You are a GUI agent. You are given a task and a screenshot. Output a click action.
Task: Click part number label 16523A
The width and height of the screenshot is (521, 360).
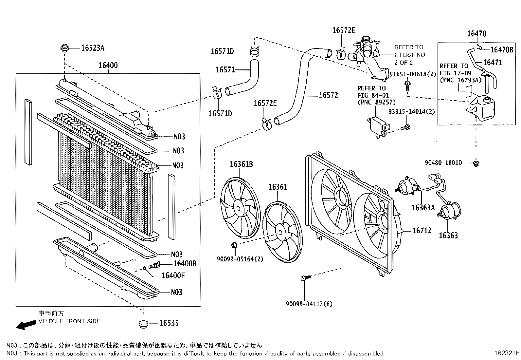coord(93,48)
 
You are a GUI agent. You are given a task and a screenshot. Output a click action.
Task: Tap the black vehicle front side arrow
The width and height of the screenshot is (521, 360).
coord(26,325)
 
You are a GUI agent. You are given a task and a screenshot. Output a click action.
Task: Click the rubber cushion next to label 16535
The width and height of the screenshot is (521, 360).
coord(143,324)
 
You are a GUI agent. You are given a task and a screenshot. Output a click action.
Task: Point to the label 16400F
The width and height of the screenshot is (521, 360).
coord(173,275)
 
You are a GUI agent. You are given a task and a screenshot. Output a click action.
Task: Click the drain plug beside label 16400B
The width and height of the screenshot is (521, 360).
coord(155,265)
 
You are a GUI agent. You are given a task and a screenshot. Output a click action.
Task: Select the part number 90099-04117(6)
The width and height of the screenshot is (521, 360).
coord(309,304)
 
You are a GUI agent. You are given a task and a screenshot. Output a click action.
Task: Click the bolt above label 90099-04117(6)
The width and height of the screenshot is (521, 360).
coord(303,278)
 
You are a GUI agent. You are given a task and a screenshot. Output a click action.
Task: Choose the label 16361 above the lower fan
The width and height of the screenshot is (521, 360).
coord(278,187)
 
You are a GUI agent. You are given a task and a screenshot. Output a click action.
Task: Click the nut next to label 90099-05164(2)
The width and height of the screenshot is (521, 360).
coord(234,245)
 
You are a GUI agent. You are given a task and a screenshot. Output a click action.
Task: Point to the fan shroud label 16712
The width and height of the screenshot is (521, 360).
coord(422,231)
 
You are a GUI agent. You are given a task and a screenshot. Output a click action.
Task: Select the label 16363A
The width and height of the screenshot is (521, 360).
coord(423,207)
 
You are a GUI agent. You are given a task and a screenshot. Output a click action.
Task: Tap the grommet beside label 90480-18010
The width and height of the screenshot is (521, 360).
coord(476,163)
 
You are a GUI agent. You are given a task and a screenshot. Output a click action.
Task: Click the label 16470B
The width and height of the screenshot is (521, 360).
coord(502,50)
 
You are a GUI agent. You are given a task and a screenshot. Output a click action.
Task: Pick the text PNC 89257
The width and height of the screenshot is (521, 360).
coord(377,103)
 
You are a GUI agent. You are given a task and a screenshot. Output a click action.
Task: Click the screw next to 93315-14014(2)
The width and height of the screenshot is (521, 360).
coord(406,127)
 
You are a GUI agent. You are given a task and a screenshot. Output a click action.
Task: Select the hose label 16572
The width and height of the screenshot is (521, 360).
coord(328,95)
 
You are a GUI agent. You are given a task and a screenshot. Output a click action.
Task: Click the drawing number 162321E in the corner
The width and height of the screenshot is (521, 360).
coord(507,353)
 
